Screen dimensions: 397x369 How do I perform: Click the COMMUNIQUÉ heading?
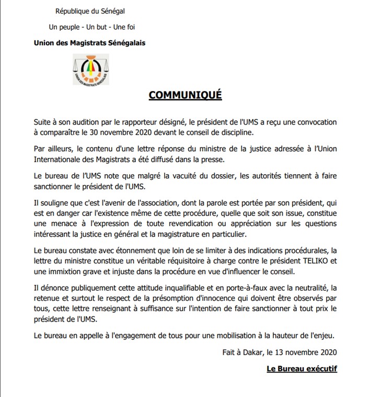pyautogui.click(x=185, y=95)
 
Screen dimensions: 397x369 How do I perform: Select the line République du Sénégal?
pyautogui.click(x=90, y=11)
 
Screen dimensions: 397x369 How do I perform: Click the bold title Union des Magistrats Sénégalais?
pyautogui.click(x=89, y=43)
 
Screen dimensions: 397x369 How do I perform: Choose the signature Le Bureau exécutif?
pyautogui.click(x=302, y=369)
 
